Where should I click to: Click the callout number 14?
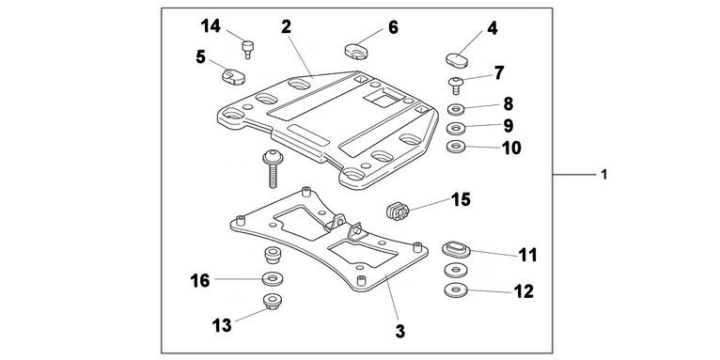[x=211, y=26]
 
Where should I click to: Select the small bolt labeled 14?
[x=248, y=49]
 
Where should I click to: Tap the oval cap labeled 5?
[x=233, y=76]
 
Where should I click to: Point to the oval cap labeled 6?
[x=357, y=51]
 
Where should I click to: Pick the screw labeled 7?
[x=456, y=86]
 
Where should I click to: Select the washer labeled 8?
[x=456, y=110]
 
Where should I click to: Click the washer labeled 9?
[x=456, y=128]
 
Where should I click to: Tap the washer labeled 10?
[x=456, y=147]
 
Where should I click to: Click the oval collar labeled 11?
[x=456, y=249]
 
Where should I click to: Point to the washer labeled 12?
[x=456, y=290]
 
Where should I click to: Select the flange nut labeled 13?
[x=272, y=301]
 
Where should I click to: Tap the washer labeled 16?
[x=273, y=278]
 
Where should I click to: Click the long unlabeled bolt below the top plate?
[x=273, y=169]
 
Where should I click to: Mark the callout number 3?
[x=400, y=331]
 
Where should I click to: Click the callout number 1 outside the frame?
[x=604, y=175]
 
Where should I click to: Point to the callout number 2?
[x=286, y=26]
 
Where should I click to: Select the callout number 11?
[x=527, y=255]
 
